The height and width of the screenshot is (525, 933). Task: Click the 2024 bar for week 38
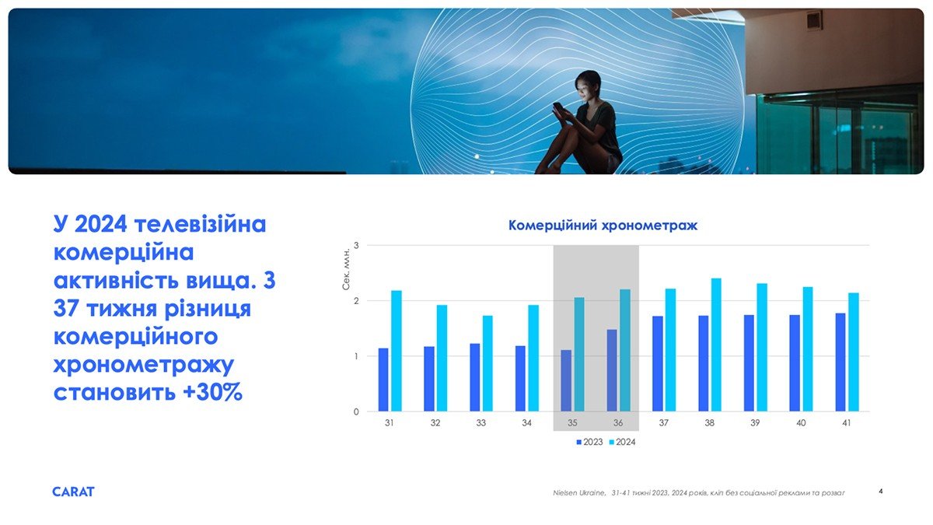pyautogui.click(x=716, y=345)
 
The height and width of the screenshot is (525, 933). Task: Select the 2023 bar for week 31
pyautogui.click(x=383, y=380)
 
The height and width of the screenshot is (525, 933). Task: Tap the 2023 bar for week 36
pyautogui.click(x=612, y=370)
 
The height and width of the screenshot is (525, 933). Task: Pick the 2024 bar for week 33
pyautogui.click(x=487, y=363)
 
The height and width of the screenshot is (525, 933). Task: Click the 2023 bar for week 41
pyautogui.click(x=840, y=362)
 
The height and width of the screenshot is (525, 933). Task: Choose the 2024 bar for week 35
pyautogui.click(x=579, y=354)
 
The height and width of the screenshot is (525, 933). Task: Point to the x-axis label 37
pyautogui.click(x=663, y=423)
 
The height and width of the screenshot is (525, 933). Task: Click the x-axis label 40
pyautogui.click(x=801, y=423)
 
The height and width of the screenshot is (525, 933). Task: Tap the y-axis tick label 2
pyautogui.click(x=356, y=301)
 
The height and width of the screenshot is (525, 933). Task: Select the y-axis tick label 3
pyautogui.click(x=356, y=246)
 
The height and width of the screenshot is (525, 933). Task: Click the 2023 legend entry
pyautogui.click(x=589, y=442)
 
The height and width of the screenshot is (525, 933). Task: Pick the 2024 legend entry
pyautogui.click(x=622, y=442)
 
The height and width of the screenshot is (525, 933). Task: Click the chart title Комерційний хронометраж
pyautogui.click(x=603, y=226)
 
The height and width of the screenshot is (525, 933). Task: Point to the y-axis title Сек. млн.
pyautogui.click(x=346, y=269)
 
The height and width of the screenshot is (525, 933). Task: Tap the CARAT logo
pyautogui.click(x=73, y=492)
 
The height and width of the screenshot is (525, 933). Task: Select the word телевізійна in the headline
pyautogui.click(x=200, y=224)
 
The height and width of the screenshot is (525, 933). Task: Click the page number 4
pyautogui.click(x=880, y=492)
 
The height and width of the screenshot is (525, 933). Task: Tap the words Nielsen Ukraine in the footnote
pyautogui.click(x=579, y=493)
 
